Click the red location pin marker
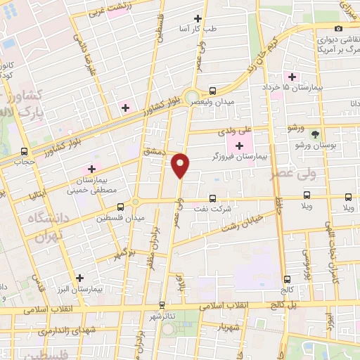pyautogui.click(x=181, y=165)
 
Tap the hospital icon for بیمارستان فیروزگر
pyautogui.click(x=240, y=146)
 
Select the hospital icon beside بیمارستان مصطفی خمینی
pyautogui.click(x=91, y=169)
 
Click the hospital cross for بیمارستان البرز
pyautogui.click(x=79, y=278)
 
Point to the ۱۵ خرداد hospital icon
pyautogui.click(x=290, y=77)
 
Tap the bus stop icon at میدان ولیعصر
pyautogui.click(x=212, y=91)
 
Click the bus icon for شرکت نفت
pyautogui.click(x=212, y=198)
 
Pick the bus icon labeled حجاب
pyautogui.click(x=25, y=151)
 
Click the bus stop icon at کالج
pyautogui.click(x=285, y=279)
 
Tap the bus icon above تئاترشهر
pyautogui.click(x=162, y=305)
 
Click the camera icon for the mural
pyautogui.click(x=339, y=27)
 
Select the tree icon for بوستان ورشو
pyautogui.click(x=315, y=134)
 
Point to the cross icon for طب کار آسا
pyautogui.click(x=198, y=18)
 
